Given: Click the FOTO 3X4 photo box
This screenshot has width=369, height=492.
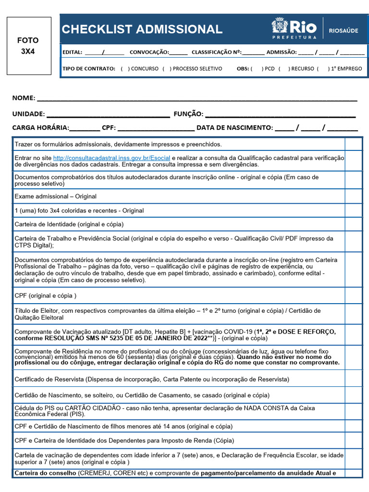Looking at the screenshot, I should (x=29, y=46).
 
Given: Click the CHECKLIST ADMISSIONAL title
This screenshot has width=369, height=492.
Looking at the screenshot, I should (x=142, y=29).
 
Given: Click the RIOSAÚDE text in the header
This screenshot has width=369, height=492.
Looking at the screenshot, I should (x=343, y=30).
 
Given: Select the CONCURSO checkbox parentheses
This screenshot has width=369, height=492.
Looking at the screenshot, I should (x=125, y=69).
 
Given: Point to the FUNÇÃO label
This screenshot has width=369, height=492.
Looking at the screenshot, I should (x=188, y=114).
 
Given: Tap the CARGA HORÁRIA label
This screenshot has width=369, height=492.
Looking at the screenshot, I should (x=40, y=128).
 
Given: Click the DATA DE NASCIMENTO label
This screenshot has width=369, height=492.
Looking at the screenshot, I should (x=234, y=128).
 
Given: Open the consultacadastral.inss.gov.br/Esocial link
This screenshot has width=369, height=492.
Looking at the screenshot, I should (x=111, y=158).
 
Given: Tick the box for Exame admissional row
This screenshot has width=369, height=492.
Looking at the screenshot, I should (x=353, y=197).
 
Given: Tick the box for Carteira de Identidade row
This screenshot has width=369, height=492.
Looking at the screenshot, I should (x=353, y=224).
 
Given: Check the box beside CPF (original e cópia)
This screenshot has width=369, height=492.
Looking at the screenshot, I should (x=353, y=295).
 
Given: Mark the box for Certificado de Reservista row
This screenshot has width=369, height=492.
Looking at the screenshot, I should (x=353, y=379).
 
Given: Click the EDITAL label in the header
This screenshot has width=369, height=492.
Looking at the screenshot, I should (x=72, y=52).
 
